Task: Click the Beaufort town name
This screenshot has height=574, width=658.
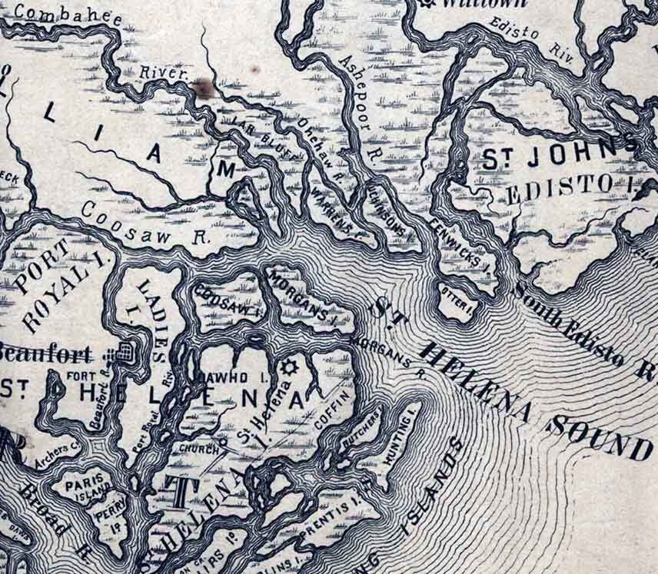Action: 46,353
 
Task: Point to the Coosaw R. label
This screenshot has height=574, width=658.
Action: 146,222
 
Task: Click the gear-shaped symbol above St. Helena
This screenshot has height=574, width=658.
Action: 291,367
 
